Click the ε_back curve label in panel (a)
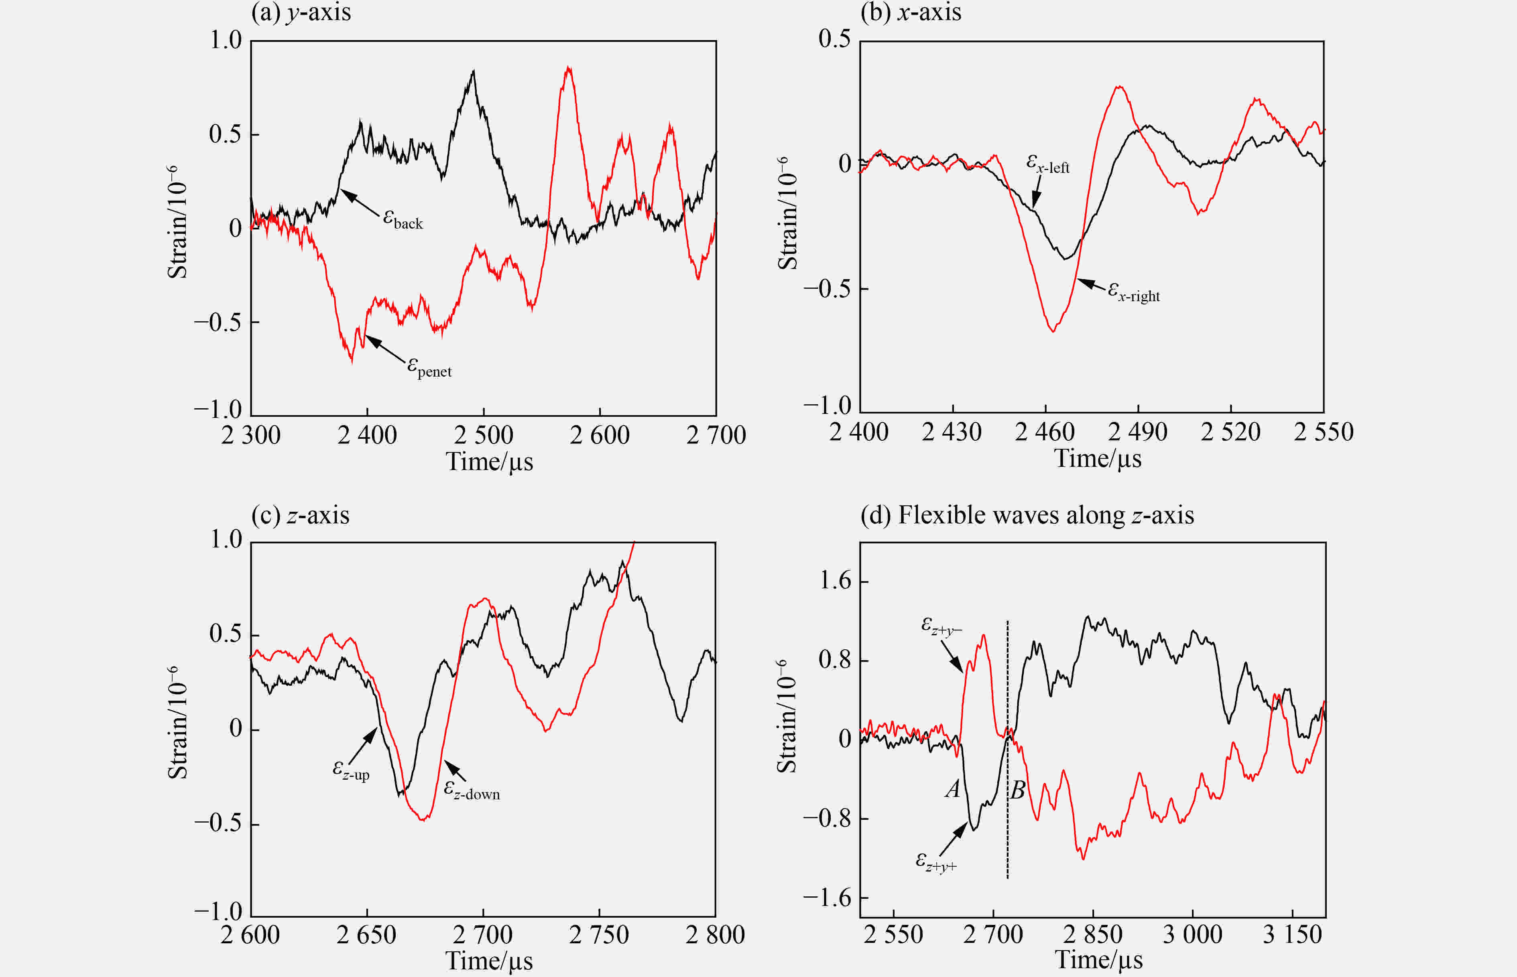click(403, 219)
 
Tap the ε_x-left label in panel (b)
click(1048, 164)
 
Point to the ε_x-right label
click(1134, 292)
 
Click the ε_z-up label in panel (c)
click(351, 770)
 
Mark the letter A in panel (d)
click(952, 789)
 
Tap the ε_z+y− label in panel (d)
click(941, 626)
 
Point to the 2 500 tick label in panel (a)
click(483, 435)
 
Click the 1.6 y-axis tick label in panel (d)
click(835, 580)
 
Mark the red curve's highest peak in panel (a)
click(569, 68)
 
